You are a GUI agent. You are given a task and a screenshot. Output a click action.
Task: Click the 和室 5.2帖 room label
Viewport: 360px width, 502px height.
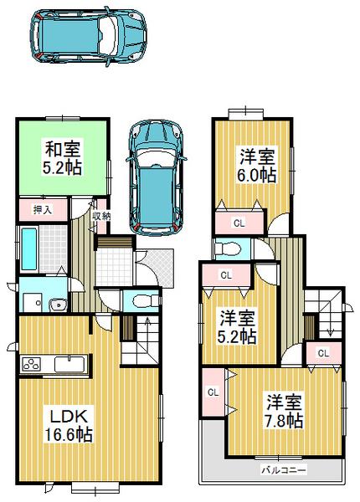(62, 158)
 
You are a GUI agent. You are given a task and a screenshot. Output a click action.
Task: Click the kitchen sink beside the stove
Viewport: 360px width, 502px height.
(69, 366)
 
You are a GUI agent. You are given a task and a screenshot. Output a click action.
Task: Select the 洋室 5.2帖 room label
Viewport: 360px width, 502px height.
(238, 326)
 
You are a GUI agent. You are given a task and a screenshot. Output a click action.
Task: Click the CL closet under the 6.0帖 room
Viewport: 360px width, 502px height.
(239, 222)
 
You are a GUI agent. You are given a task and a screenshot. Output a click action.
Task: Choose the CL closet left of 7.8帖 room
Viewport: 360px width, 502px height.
(213, 392)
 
